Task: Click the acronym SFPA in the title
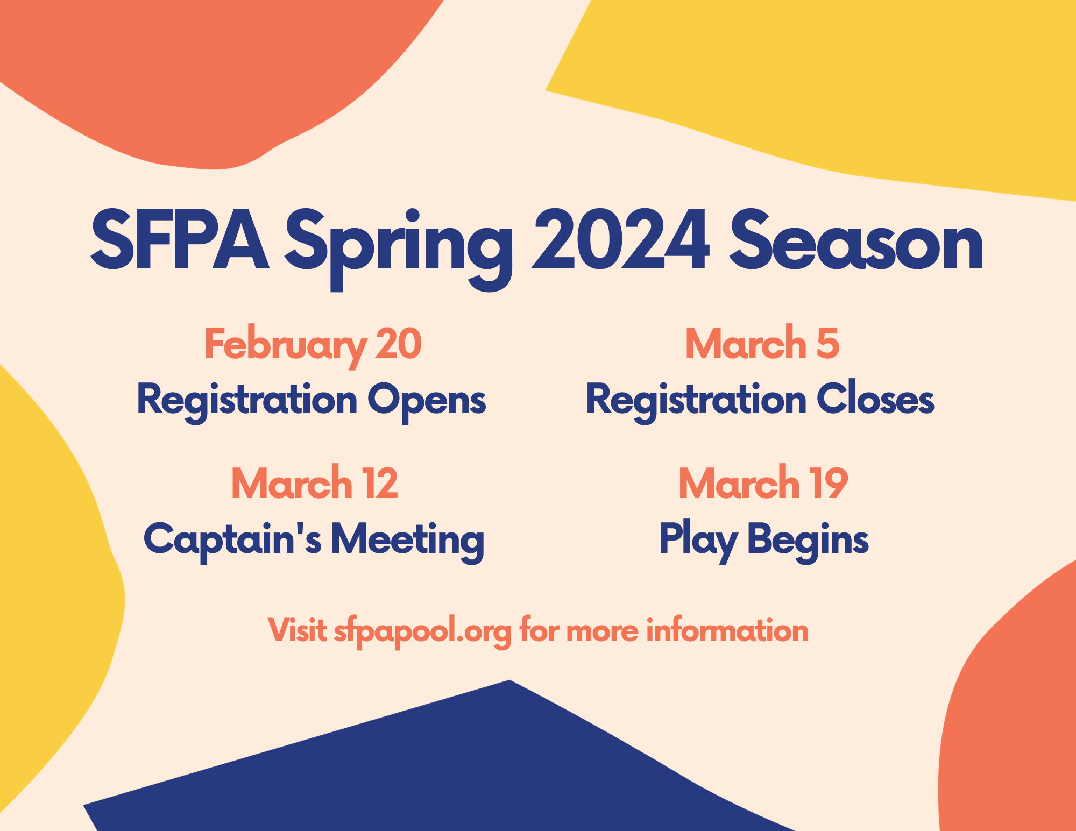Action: tap(180, 240)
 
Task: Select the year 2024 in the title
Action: tap(620, 240)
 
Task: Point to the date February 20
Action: tap(313, 346)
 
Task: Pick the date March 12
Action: tap(315, 482)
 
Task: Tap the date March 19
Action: tap(763, 482)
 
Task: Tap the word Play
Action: tap(698, 541)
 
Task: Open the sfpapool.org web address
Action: tap(423, 632)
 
